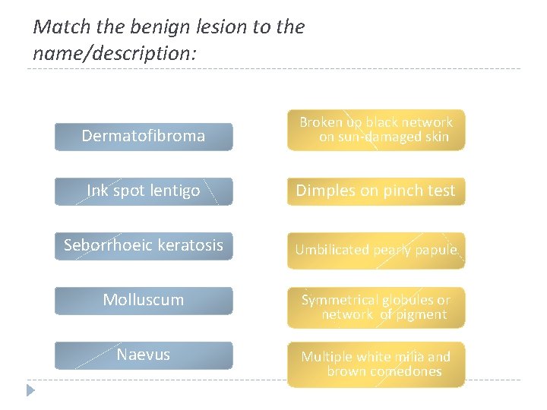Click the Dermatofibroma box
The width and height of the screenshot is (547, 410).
pyautogui.click(x=144, y=137)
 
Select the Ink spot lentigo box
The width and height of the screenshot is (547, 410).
pyautogui.click(x=144, y=191)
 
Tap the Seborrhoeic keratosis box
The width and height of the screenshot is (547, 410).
pyautogui.click(x=144, y=246)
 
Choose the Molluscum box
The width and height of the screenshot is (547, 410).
pyautogui.click(x=144, y=301)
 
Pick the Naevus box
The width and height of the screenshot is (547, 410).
pyautogui.click(x=144, y=355)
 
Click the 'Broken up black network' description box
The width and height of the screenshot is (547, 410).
pyautogui.click(x=375, y=130)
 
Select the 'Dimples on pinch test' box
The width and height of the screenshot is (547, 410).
pyautogui.click(x=375, y=191)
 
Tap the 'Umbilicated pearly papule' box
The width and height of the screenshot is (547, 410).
pyautogui.click(x=375, y=250)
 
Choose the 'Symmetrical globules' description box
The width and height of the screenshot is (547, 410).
pyautogui.click(x=375, y=307)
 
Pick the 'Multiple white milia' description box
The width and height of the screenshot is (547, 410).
pyautogui.click(x=375, y=364)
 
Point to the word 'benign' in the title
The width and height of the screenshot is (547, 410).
pyautogui.click(x=160, y=27)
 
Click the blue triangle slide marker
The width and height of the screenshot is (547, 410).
pyautogui.click(x=30, y=391)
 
